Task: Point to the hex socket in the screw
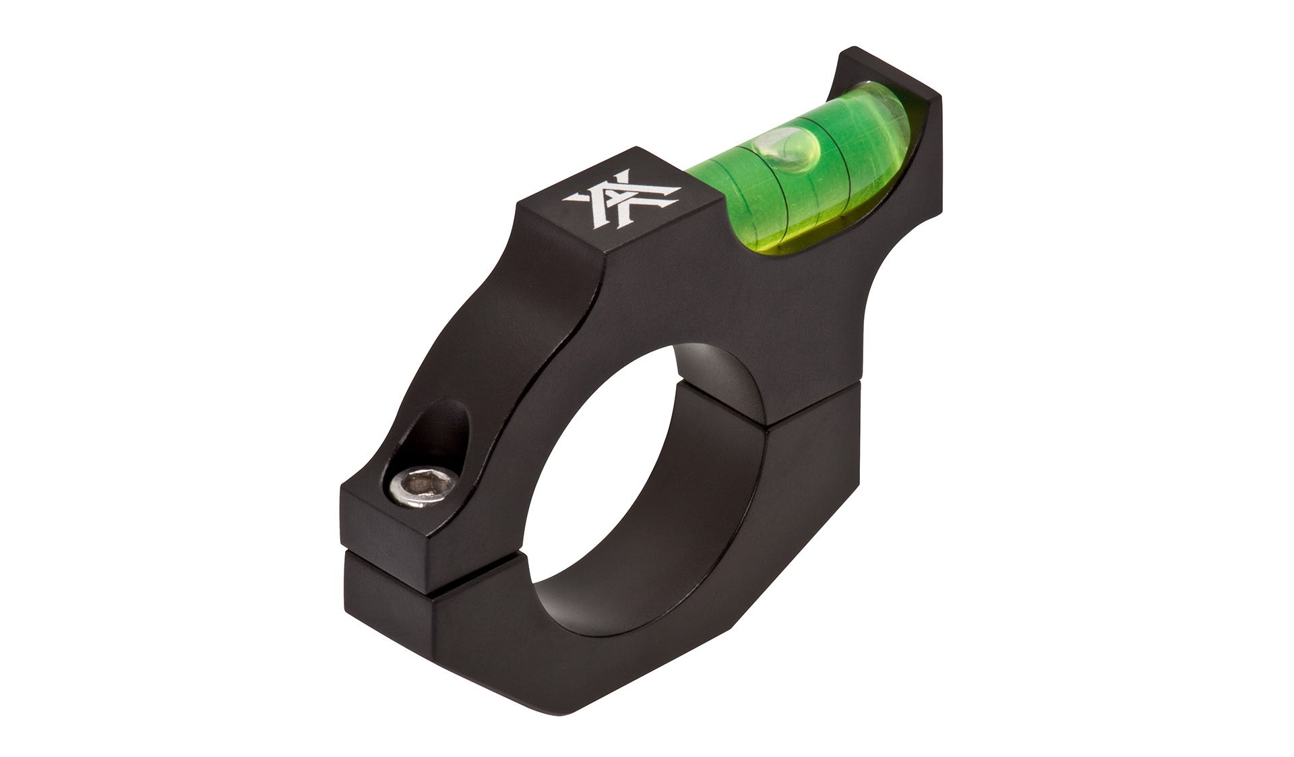[421, 485]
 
